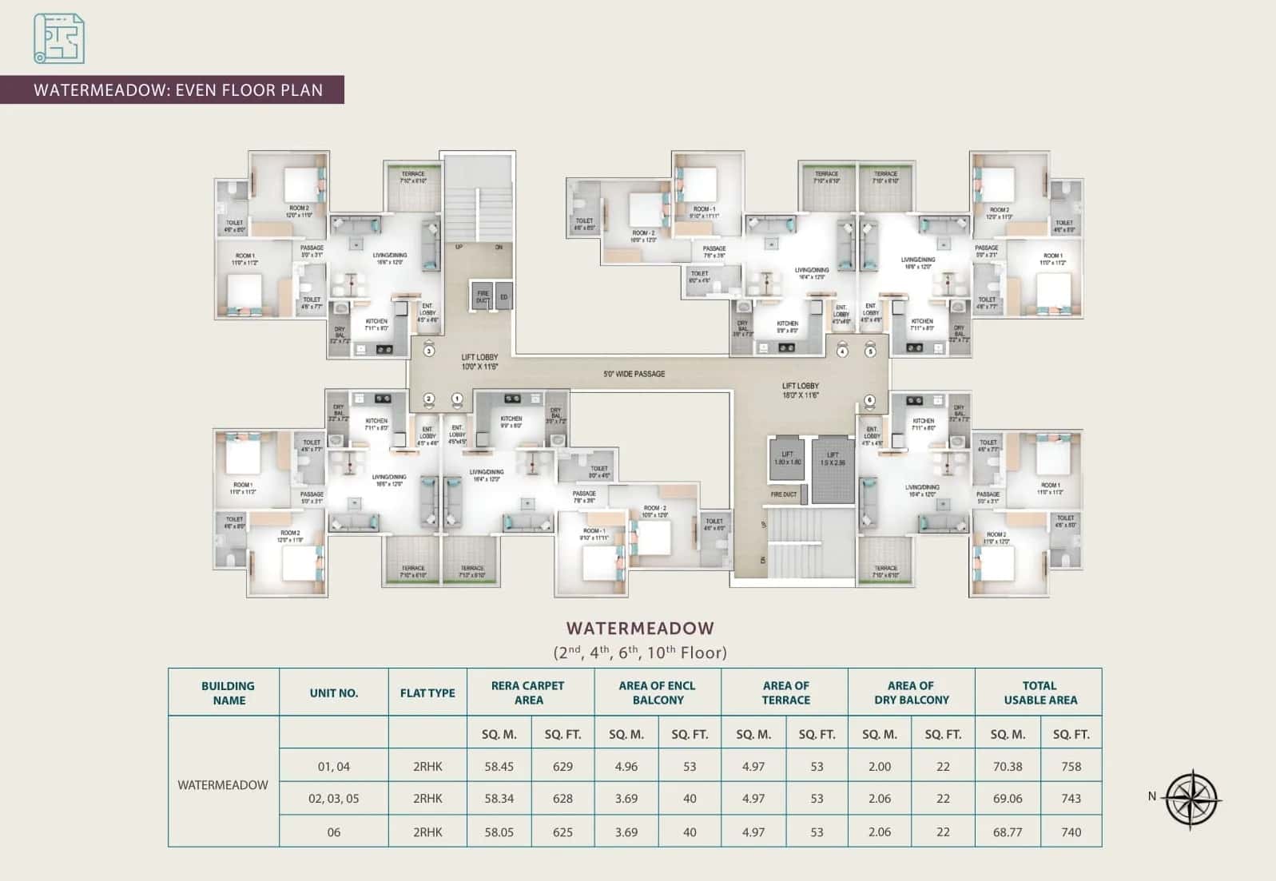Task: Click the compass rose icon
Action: coord(1191,799)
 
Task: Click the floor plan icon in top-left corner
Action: coord(59,38)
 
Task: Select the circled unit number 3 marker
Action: coord(429,351)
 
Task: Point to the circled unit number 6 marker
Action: coord(870,401)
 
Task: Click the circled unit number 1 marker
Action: coord(457,399)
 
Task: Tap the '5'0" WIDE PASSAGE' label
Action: coord(634,374)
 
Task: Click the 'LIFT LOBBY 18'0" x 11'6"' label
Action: coord(800,391)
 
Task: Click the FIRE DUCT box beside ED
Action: coord(482,297)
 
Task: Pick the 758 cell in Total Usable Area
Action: coord(1071,766)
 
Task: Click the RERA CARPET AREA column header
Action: coord(528,692)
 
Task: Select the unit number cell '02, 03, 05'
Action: coord(333,799)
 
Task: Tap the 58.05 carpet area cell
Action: coord(499,832)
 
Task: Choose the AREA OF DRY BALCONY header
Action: coord(911,692)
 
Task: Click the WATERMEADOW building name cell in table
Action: coord(223,784)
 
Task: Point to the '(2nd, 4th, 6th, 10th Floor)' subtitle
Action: coord(640,653)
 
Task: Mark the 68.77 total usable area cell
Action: coord(1007,832)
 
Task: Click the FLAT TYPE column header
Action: coord(427,692)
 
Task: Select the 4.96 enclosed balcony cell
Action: coord(626,766)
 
